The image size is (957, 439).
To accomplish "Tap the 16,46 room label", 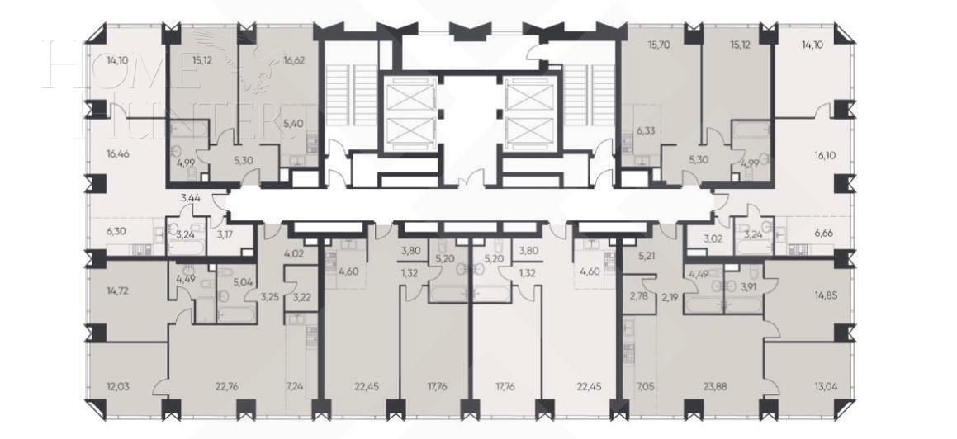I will [119, 153].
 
